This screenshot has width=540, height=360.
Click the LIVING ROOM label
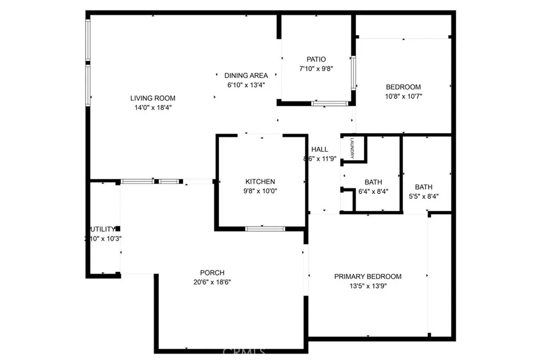tap(153, 98)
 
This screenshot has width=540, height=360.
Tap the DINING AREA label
tap(246, 75)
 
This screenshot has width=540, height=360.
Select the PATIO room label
tap(316, 60)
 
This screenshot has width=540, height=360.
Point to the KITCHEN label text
tap(260, 182)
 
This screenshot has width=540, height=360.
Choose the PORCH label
tap(212, 273)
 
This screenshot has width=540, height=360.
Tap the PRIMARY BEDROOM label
tap(368, 277)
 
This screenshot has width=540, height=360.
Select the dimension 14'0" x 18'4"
tap(153, 107)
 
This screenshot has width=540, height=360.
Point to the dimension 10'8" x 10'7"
tap(403, 96)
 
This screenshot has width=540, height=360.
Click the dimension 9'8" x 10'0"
tap(260, 191)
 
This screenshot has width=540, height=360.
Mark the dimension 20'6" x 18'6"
tap(212, 282)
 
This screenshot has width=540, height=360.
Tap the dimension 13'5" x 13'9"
tap(368, 286)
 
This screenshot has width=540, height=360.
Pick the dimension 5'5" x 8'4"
tap(423, 196)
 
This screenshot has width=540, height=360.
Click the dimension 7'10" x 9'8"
tap(316, 69)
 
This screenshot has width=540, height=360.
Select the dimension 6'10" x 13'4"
tap(246, 84)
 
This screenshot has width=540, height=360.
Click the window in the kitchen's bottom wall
tap(265, 229)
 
